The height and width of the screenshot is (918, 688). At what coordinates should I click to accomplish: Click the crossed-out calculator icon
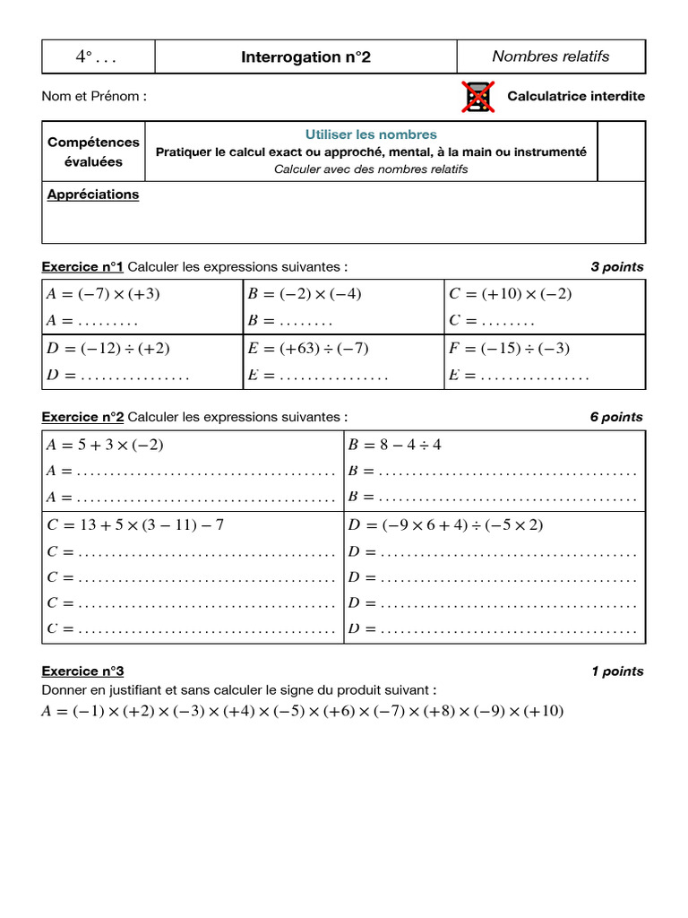tap(477, 97)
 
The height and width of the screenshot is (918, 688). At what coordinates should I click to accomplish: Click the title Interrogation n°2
tap(305, 57)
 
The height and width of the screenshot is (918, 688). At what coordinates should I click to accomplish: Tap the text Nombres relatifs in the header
tap(550, 56)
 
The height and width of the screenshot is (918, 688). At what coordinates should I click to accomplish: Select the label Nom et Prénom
tap(94, 96)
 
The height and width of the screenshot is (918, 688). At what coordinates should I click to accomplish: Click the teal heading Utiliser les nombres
tap(371, 134)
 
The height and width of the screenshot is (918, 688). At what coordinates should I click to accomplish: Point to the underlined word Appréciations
tap(93, 195)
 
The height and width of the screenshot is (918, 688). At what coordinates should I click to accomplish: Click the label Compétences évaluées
tap(93, 152)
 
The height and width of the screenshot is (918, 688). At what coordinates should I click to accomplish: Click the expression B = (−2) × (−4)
tap(305, 294)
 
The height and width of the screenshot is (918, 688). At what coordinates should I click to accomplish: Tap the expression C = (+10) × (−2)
tap(510, 294)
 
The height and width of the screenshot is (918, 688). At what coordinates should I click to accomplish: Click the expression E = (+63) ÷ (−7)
tap(308, 349)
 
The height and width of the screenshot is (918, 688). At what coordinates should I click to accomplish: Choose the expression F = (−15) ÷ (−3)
tap(509, 349)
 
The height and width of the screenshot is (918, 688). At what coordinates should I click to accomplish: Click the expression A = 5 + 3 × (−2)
tap(105, 445)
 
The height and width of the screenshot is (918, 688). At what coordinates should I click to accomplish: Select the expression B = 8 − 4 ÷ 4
tap(394, 445)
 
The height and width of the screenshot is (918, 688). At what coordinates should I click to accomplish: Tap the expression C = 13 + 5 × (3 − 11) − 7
tap(134, 524)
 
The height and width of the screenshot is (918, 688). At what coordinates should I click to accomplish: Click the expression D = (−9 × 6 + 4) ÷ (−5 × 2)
tap(445, 524)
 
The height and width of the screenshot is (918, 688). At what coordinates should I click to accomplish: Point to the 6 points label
tap(616, 417)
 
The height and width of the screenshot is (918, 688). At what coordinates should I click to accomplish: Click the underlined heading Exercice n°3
tap(82, 671)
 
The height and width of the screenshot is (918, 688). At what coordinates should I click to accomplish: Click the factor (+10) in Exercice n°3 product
tap(545, 712)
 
